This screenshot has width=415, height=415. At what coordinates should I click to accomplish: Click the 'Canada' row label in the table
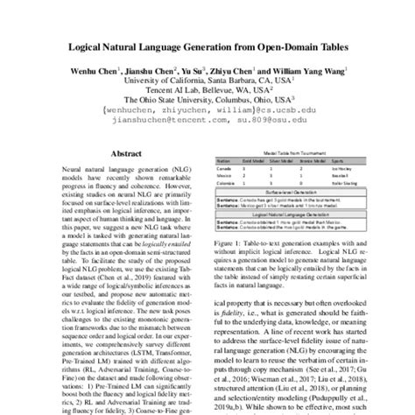point(224,169)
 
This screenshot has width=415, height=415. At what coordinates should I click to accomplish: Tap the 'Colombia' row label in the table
point(225,183)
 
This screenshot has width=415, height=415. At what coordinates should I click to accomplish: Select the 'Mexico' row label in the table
point(224,176)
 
